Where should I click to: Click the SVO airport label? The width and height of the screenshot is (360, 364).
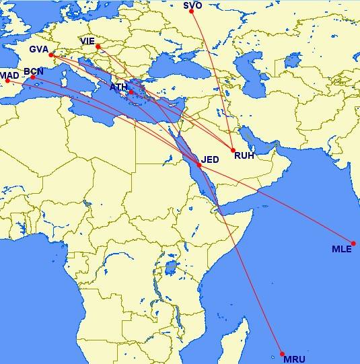(192, 5)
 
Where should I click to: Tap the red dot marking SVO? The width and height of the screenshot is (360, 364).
(192, 11)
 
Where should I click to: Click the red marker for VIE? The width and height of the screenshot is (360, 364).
(98, 46)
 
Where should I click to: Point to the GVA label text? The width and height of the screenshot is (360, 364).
(38, 49)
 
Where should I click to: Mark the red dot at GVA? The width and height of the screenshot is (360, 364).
(51, 55)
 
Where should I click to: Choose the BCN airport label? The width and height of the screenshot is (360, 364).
(34, 71)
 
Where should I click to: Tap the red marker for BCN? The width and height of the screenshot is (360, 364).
(33, 77)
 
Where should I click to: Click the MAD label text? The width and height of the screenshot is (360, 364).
(9, 75)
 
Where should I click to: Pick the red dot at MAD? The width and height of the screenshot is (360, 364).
(8, 81)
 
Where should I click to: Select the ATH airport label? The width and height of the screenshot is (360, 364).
(118, 87)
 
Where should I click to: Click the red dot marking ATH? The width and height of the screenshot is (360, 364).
(132, 92)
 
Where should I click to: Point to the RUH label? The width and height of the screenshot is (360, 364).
(243, 155)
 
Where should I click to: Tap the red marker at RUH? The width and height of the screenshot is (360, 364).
(233, 150)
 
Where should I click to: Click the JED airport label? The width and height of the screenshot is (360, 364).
(211, 159)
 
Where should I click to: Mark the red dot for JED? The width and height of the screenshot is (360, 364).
(199, 165)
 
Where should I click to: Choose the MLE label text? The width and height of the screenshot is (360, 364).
(341, 249)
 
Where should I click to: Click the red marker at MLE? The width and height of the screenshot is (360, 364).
(353, 244)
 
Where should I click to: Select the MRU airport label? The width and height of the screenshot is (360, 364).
(294, 359)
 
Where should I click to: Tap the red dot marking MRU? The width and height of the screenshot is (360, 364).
(283, 354)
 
